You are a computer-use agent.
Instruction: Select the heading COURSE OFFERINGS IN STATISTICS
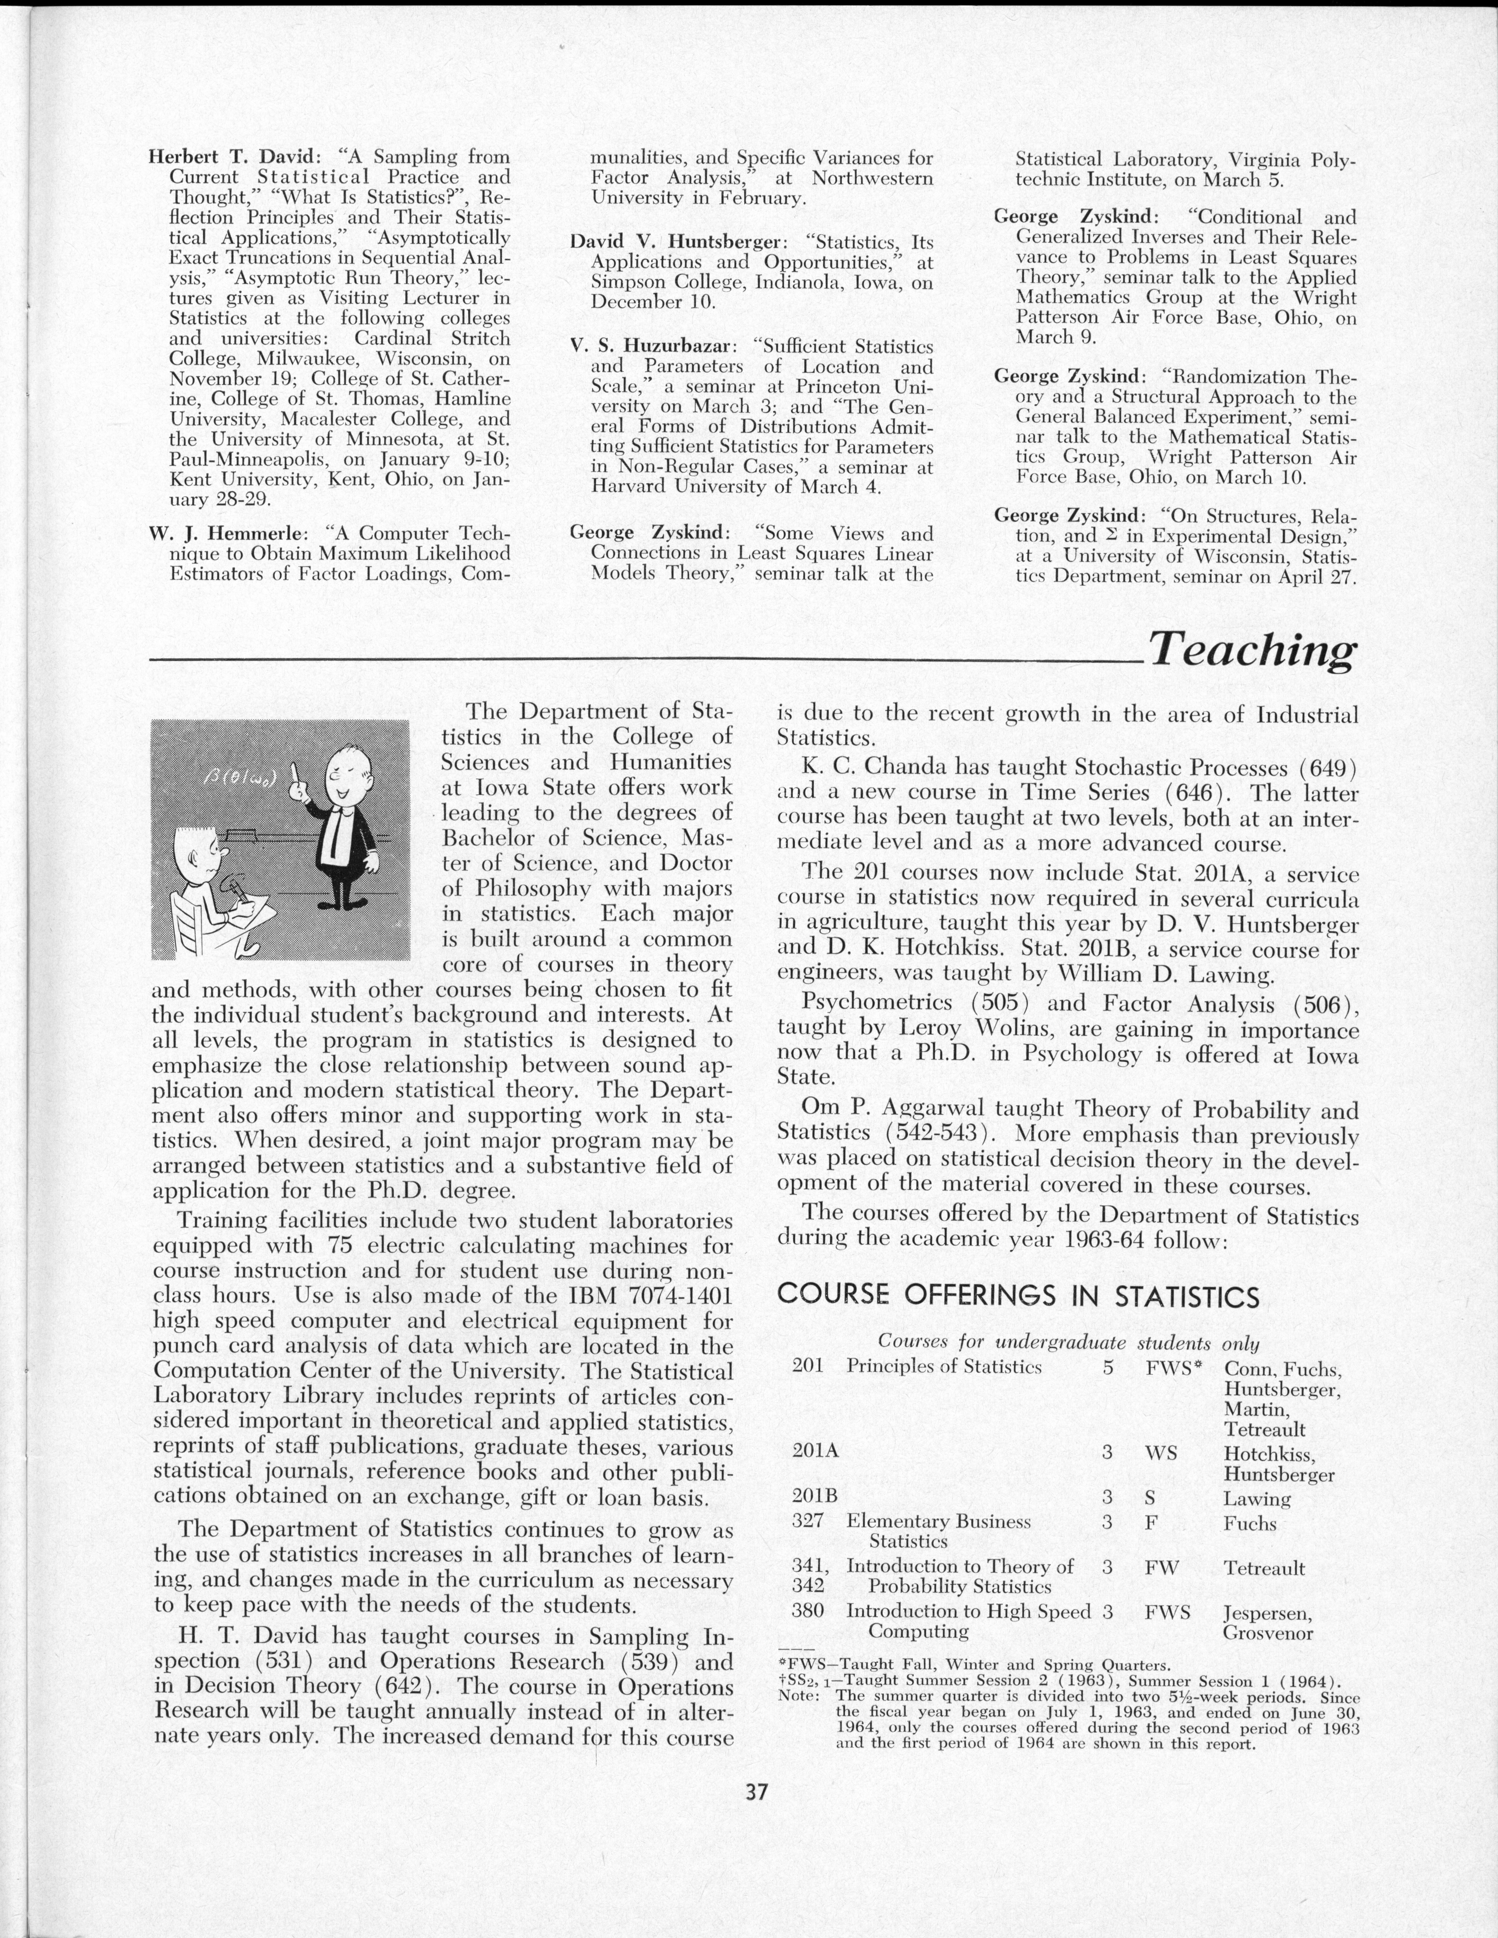(1018, 1296)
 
